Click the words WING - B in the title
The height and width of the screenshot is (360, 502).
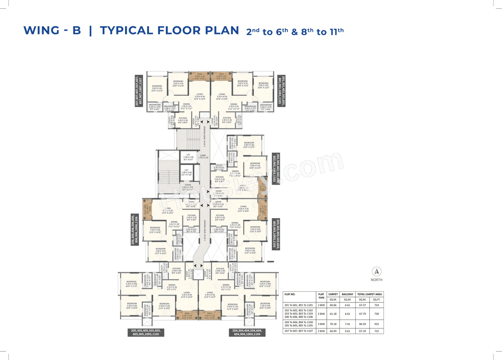pos(52,31)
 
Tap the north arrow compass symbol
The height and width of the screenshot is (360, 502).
pos(376,271)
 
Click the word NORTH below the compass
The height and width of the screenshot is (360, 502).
pos(376,280)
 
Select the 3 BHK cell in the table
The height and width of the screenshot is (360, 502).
pos(321,324)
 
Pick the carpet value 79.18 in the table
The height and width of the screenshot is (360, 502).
pos(333,324)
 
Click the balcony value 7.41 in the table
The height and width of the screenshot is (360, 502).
pos(347,324)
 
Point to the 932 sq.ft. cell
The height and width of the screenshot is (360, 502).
pos(376,324)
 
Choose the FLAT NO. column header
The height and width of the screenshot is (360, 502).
pos(292,294)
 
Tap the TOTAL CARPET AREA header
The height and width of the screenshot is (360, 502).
pos(370,294)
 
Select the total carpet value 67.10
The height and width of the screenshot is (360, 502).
pos(363,331)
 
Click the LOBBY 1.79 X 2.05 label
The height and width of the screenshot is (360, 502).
pos(203,156)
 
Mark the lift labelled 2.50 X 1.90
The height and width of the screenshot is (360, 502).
pos(188,157)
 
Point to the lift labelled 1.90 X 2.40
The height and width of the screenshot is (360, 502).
pos(187,173)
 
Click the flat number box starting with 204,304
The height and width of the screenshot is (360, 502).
pos(247,333)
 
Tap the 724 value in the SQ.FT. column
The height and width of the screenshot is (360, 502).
pos(376,305)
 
